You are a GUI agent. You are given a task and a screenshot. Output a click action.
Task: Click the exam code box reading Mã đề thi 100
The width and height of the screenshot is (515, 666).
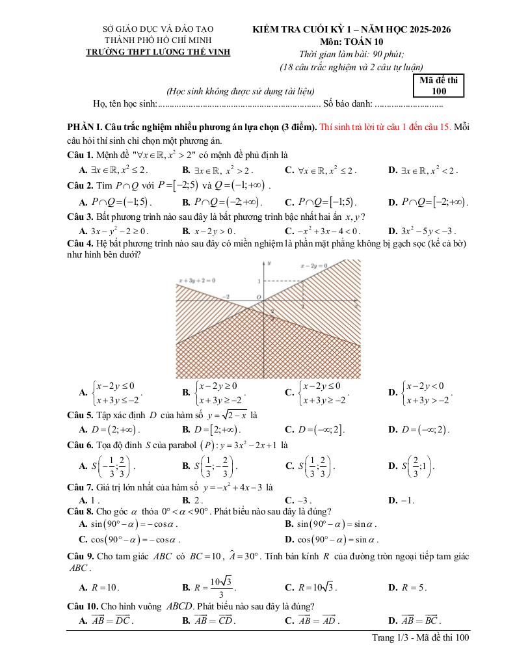coord(438,86)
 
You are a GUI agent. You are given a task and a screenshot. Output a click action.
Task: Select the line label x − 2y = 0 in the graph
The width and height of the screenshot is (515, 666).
coord(313,265)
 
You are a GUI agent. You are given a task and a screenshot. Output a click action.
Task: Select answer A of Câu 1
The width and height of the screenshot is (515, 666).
coord(114,170)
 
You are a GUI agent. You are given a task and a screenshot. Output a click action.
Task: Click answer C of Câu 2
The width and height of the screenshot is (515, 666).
coord(322,202)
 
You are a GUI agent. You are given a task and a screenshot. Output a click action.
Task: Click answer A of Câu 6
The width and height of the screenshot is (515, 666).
coord(107,466)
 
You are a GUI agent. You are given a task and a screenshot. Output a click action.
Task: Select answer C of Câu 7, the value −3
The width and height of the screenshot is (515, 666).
coord(298,500)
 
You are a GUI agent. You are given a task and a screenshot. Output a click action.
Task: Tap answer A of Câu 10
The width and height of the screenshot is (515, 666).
coord(106,620)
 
